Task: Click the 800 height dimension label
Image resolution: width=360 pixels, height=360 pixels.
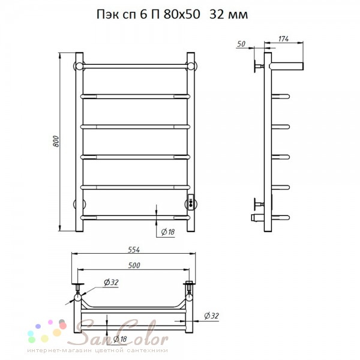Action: pos(56,142)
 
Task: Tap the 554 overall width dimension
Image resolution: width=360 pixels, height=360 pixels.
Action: pos(134,250)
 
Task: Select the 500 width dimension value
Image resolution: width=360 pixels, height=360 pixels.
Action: pos(134,265)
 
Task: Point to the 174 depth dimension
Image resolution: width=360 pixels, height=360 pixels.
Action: pos(283,39)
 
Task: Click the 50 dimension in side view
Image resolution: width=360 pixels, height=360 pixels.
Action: pos(241,44)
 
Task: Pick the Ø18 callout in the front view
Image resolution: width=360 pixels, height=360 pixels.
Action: pos(168,232)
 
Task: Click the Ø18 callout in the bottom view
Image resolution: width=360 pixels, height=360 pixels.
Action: pos(120,338)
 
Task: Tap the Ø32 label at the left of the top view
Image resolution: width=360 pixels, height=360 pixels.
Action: pos(111,282)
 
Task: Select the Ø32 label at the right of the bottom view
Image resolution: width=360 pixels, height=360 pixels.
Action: pos(211,316)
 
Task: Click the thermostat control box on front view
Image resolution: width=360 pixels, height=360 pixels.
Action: pos(191,202)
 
